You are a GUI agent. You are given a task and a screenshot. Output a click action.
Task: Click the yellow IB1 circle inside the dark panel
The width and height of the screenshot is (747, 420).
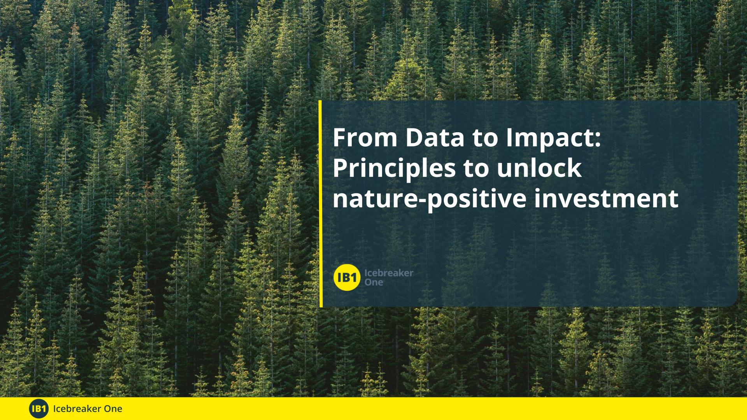pyautogui.click(x=347, y=277)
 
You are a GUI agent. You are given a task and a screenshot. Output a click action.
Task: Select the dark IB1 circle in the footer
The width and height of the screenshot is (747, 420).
pyautogui.click(x=39, y=409)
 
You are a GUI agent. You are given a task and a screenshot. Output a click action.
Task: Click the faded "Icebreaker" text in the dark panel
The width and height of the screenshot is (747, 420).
pyautogui.click(x=389, y=273)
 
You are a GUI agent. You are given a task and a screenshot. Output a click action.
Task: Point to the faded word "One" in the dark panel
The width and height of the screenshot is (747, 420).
pyautogui.click(x=373, y=282)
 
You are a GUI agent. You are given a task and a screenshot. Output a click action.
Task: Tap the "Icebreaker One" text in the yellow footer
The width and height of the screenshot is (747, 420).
pyautogui.click(x=88, y=409)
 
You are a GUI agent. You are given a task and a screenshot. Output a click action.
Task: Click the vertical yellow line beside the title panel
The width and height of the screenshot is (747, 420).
pyautogui.click(x=321, y=204)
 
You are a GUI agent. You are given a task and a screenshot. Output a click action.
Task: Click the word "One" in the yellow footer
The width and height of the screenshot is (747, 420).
pyautogui.click(x=114, y=409)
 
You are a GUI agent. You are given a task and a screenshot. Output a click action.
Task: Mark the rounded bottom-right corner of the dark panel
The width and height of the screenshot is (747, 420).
pyautogui.click(x=735, y=304)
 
